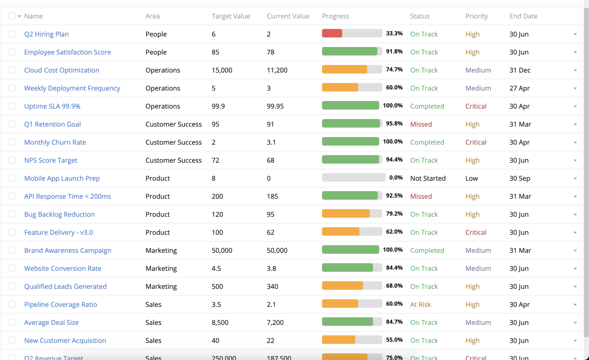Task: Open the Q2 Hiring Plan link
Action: pyautogui.click(x=46, y=34)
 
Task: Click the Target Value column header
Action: pyautogui.click(x=231, y=16)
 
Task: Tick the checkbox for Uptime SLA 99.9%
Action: pyautogui.click(x=12, y=106)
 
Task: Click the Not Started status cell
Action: pyautogui.click(x=428, y=178)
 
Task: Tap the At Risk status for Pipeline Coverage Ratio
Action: pyautogui.click(x=420, y=305)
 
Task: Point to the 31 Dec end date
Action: pyautogui.click(x=520, y=70)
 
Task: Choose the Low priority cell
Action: pyautogui.click(x=471, y=178)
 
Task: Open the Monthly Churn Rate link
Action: pyautogui.click(x=55, y=142)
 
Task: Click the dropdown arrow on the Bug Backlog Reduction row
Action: pyautogui.click(x=575, y=215)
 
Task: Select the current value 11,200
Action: pyautogui.click(x=277, y=70)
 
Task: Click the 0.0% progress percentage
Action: pyautogui.click(x=396, y=178)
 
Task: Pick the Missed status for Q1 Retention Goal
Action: pyautogui.click(x=421, y=124)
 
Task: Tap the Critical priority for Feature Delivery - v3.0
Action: pyautogui.click(x=476, y=232)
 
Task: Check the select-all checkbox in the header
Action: pyautogui.click(x=12, y=16)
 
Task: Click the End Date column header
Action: pyautogui.click(x=523, y=16)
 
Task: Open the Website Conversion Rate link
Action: pyautogui.click(x=62, y=269)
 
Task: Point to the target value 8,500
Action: pyautogui.click(x=220, y=322)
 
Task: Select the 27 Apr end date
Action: pyautogui.click(x=519, y=88)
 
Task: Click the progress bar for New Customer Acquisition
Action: pyautogui.click(x=352, y=340)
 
